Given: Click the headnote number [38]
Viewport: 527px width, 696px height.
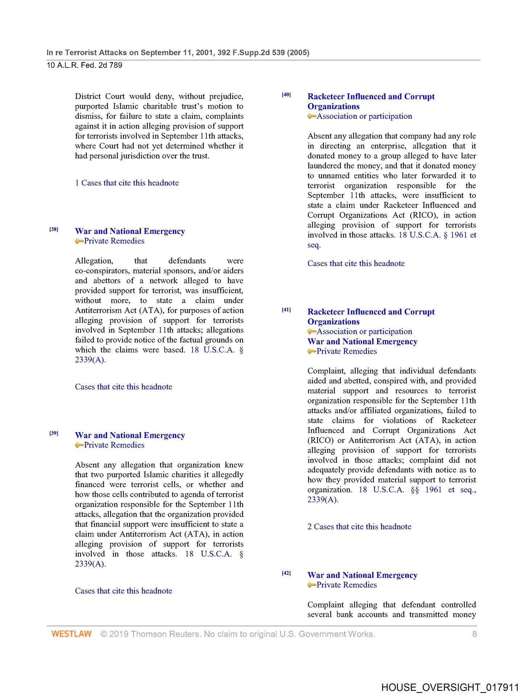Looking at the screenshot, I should tap(54, 229).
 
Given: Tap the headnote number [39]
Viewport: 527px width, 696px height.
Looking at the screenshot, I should tap(54, 433).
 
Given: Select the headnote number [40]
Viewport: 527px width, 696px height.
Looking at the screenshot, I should tap(286, 95).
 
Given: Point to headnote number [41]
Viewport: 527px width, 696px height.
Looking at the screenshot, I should tap(286, 310).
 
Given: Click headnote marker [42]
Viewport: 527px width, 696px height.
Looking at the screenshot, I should tap(286, 573).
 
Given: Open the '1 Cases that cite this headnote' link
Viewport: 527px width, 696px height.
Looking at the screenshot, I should tap(127, 183).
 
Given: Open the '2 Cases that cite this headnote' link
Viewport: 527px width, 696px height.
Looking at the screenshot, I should tap(359, 527).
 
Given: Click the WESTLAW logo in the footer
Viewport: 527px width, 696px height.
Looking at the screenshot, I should tap(71, 634).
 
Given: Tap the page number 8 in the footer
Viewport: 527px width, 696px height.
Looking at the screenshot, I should tap(474, 634).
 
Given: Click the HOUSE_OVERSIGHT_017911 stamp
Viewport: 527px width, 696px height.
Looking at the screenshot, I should tap(450, 687).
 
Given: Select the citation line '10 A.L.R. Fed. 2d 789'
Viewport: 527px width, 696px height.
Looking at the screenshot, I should tap(85, 66).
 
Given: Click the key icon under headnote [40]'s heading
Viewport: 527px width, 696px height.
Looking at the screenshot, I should tap(312, 116).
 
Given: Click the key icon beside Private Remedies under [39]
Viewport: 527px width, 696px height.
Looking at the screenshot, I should tap(79, 445).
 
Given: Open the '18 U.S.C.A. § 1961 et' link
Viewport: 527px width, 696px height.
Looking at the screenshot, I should tap(437, 235).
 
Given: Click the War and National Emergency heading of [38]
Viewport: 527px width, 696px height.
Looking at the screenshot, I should tap(130, 231).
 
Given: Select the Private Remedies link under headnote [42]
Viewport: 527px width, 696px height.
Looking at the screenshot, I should tap(346, 585).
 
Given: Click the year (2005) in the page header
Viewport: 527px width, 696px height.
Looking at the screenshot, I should tap(298, 53).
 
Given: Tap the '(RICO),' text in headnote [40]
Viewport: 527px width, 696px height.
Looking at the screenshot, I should tap(423, 215).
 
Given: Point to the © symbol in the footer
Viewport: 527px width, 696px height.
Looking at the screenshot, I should tap(104, 634).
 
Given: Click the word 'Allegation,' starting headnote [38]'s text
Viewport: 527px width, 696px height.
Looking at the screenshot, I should tap(94, 261).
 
